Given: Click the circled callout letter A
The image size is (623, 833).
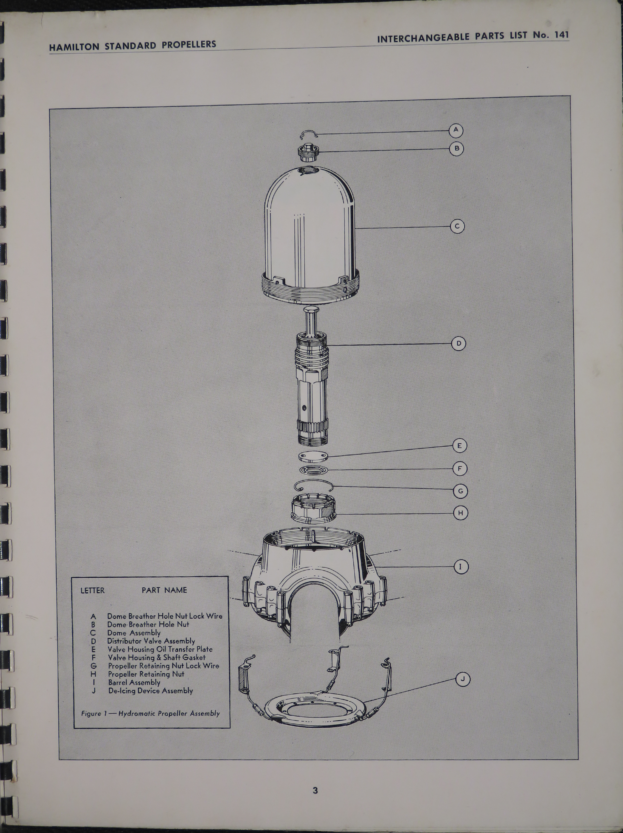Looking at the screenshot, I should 456,130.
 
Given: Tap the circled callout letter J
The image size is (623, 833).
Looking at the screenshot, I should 463,679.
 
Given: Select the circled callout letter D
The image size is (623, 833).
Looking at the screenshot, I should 458,344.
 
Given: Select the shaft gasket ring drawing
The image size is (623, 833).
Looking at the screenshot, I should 314,470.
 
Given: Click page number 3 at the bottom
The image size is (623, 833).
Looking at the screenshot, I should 315,790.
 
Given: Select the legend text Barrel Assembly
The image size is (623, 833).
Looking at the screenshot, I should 134,682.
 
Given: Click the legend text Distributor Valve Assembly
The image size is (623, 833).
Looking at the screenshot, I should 151,641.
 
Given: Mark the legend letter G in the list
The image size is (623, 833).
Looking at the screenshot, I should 93,666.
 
